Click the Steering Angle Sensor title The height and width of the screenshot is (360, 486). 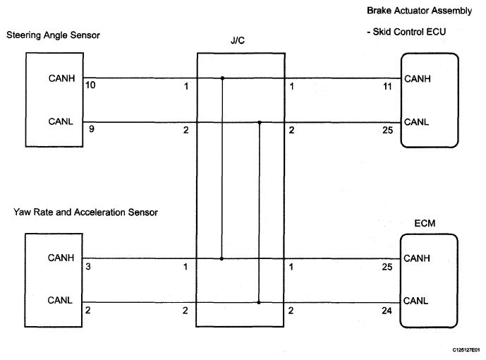coord(53,35)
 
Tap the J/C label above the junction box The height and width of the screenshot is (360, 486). coord(238,40)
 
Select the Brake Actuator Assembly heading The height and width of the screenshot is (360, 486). coord(420,11)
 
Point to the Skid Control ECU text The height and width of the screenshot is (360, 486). coord(409,32)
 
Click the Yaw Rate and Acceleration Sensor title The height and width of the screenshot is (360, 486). coord(85,212)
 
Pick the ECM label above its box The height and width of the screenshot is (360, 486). coord(425,223)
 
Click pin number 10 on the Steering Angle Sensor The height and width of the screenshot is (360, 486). coord(90,85)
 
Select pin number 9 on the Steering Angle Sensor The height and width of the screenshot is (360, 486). coord(92,129)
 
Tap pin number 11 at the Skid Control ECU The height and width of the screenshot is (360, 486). coord(387,87)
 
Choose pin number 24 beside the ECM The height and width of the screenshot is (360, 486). coord(387,311)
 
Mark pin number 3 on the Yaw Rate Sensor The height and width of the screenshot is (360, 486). coord(88,267)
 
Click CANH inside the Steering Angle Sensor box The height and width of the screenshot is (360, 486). coord(61,78)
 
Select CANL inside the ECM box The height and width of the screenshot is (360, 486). coord(415,301)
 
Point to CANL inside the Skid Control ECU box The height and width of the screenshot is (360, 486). coord(417,122)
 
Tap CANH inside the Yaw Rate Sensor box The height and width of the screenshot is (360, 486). coord(61,258)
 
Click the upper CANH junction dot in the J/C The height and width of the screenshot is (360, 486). coord(222,78)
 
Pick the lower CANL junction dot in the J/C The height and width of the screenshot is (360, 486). coord(259,302)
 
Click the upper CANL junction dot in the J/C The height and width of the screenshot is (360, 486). coord(260,123)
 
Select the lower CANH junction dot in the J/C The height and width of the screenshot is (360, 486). coord(221,258)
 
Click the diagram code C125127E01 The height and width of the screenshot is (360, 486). coord(466,350)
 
